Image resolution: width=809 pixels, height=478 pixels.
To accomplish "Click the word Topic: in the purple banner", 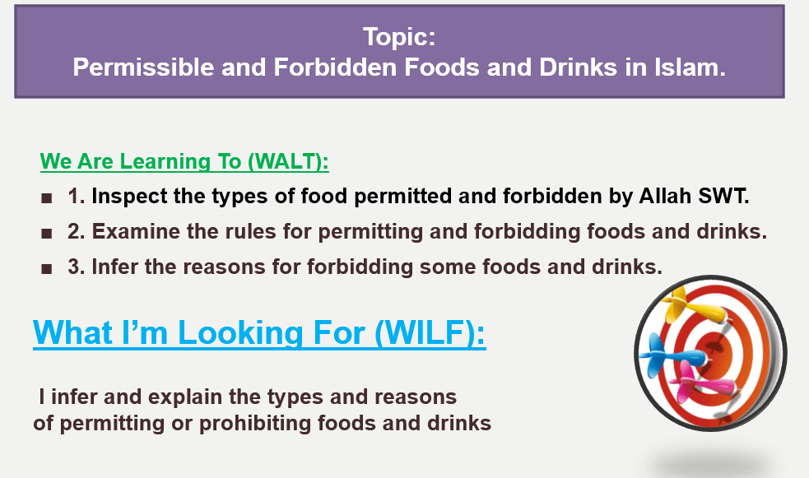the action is (x=399, y=36).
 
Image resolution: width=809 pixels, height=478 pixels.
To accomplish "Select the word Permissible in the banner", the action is (x=143, y=67).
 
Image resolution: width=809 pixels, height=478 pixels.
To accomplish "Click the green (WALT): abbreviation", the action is (x=288, y=161).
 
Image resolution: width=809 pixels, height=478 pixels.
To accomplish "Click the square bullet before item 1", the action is (x=46, y=198).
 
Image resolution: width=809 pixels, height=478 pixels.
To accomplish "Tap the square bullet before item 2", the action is (x=46, y=234).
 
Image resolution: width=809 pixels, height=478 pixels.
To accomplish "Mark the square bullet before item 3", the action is (x=46, y=269).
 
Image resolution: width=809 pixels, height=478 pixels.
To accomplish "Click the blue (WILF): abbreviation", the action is (x=430, y=332).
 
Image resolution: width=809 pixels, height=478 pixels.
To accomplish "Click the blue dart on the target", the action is (x=671, y=355).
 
